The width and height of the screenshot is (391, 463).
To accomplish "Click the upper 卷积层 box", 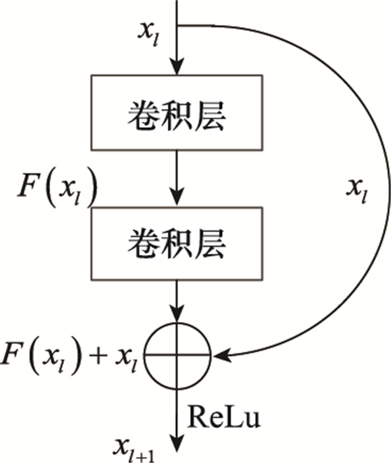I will pyautogui.click(x=177, y=113).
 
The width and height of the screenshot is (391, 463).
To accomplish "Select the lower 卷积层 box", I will pyautogui.click(x=177, y=243).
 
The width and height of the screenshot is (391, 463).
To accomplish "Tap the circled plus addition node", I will pyautogui.click(x=177, y=353).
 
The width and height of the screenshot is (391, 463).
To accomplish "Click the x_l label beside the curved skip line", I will pyautogui.click(x=356, y=192).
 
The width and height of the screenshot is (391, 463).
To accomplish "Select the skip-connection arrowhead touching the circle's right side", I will pyautogui.click(x=219, y=354).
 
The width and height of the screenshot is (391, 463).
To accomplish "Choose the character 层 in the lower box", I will pyautogui.click(x=213, y=243).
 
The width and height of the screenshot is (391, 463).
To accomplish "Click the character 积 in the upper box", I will pyautogui.click(x=175, y=113).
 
